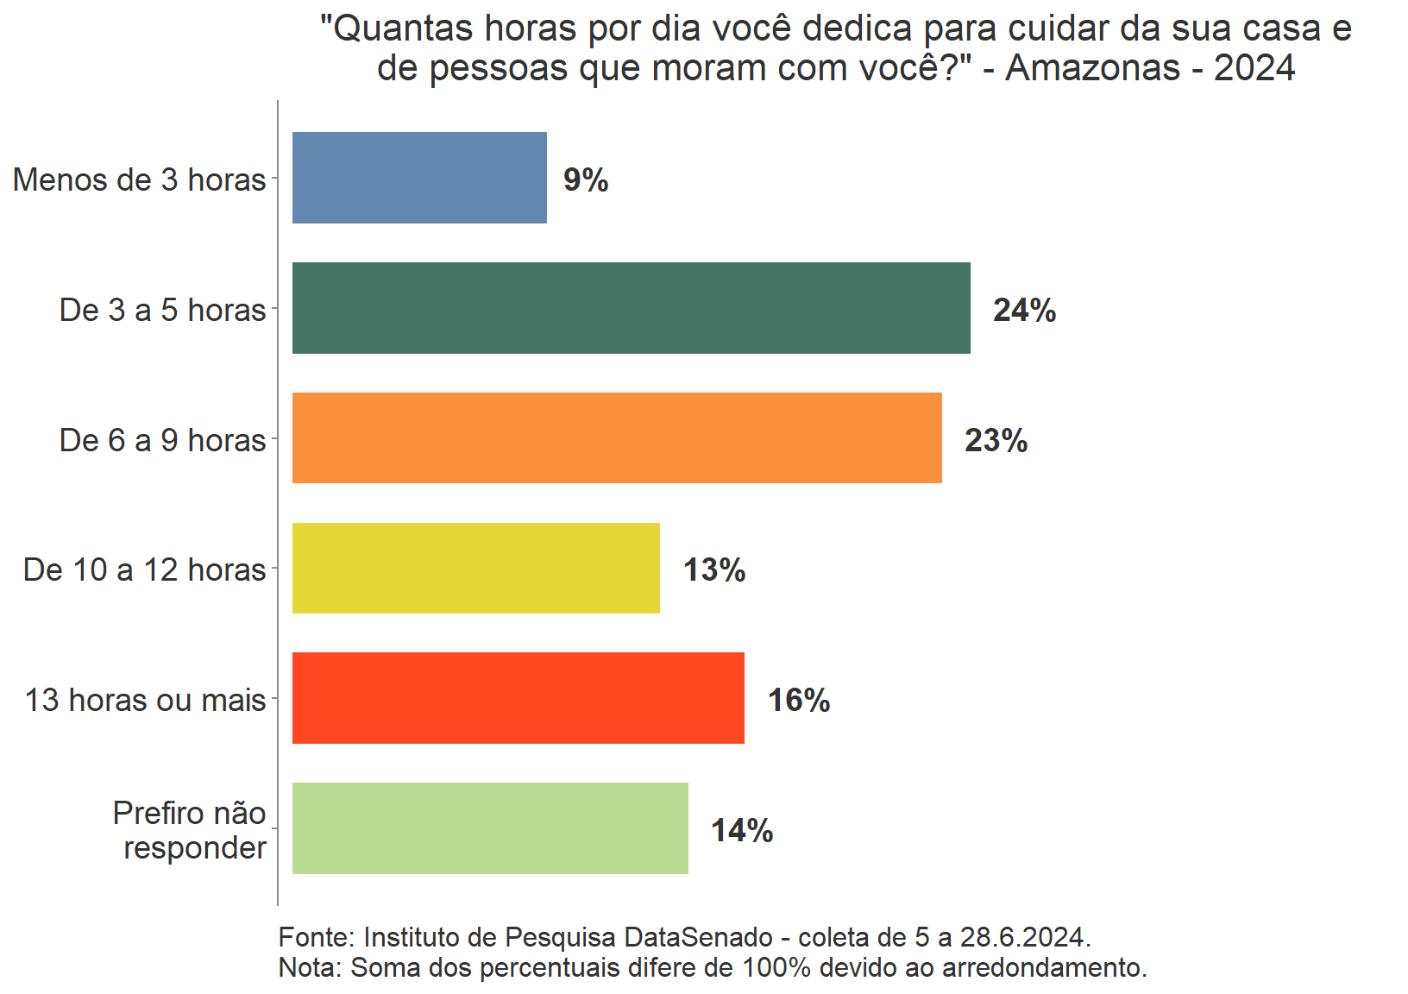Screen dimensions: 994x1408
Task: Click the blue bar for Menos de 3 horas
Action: [419, 178]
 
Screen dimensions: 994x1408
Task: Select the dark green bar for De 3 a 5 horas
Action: [631, 308]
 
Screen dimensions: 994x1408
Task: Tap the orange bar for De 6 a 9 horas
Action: [617, 438]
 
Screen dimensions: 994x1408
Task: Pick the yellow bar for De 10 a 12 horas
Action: [475, 569]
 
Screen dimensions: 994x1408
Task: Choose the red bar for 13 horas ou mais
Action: [518, 698]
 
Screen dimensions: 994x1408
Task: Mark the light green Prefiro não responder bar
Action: [490, 828]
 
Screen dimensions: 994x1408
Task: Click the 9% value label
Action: [586, 179]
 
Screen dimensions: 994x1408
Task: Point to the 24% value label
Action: [1024, 310]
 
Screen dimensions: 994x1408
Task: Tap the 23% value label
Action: [996, 440]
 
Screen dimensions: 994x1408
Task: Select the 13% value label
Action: [714, 569]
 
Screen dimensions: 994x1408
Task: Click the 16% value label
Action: [799, 700]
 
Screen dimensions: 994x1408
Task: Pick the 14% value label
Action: [742, 830]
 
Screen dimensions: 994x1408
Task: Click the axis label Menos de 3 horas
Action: [140, 179]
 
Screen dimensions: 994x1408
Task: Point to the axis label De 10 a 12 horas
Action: [145, 569]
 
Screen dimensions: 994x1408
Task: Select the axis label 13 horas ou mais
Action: [145, 700]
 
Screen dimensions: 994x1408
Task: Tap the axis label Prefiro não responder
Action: [192, 830]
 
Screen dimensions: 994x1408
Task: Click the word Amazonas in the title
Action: [1092, 67]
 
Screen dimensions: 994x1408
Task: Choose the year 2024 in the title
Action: [1254, 67]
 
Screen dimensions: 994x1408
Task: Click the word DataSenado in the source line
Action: [698, 937]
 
